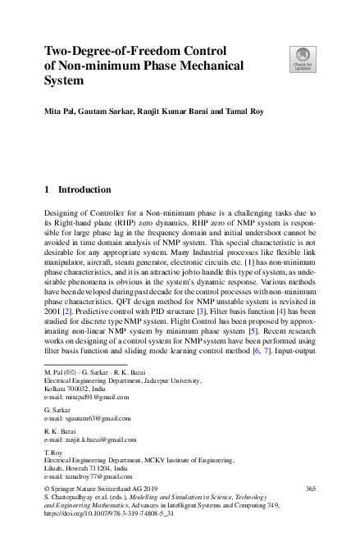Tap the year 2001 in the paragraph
pos(53,312)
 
